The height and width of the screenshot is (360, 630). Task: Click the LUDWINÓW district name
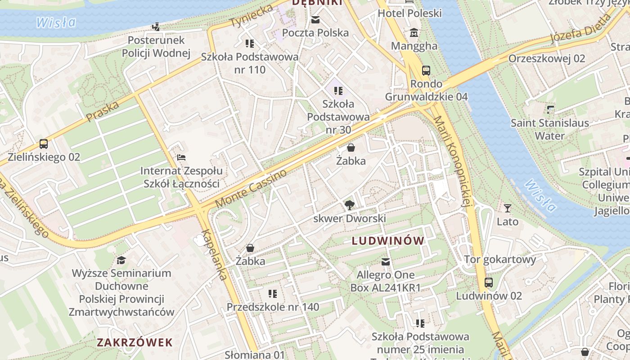388,241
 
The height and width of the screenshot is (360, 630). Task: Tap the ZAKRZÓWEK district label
135,342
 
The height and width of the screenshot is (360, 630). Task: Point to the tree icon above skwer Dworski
349,206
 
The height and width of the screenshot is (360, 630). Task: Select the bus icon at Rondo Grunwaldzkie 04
426,71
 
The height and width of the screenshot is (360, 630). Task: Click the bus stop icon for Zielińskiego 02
43,144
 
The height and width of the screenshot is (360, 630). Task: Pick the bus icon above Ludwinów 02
489,283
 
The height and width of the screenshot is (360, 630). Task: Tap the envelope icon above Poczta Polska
315,20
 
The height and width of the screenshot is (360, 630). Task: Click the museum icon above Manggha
414,33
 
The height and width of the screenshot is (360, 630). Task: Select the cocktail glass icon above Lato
508,208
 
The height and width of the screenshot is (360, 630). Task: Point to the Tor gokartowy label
500,259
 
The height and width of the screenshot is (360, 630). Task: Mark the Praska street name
103,111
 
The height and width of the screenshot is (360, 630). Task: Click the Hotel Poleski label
409,13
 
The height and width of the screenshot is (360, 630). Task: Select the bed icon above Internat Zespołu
181,157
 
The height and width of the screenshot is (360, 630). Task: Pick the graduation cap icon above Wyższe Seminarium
121,260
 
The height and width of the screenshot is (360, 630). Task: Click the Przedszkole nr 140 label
273,307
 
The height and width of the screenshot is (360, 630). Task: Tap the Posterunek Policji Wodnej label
156,47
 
